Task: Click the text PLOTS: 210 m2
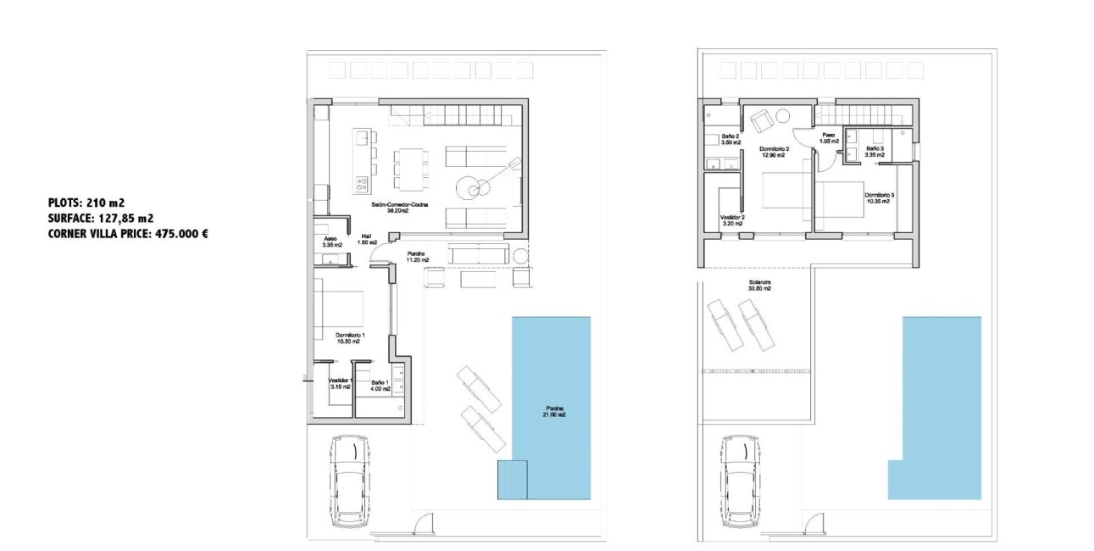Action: (86, 203)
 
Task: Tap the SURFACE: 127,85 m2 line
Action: (101, 218)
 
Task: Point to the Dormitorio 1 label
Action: (350, 338)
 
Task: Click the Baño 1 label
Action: (380, 384)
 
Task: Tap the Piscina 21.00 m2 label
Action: (554, 412)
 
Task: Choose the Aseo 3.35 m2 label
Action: (330, 242)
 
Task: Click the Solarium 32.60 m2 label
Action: (759, 285)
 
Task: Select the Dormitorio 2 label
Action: (775, 153)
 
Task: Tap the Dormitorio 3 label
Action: (880, 198)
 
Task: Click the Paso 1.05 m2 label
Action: (830, 138)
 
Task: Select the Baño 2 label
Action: (731, 140)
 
